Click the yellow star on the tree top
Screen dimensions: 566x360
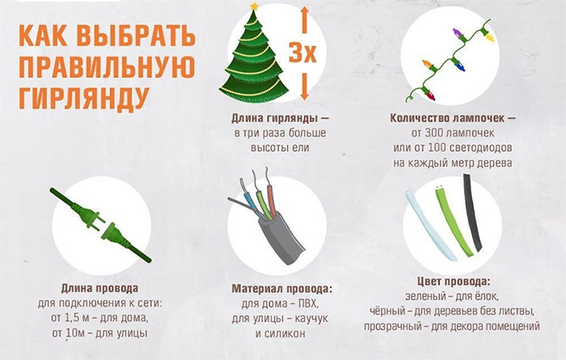255,6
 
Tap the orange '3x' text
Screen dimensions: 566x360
302,53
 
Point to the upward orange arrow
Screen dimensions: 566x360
305,20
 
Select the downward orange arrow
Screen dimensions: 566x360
305,87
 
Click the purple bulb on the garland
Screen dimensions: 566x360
458,34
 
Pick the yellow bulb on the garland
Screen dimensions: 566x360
488,36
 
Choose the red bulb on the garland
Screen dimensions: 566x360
429,95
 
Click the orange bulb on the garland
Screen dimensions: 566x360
428,65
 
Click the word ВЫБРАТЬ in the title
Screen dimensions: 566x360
136,36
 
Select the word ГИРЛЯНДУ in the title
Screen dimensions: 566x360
84,98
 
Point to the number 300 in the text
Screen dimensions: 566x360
434,133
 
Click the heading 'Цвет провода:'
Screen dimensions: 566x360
454,282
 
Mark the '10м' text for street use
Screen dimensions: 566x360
76,332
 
